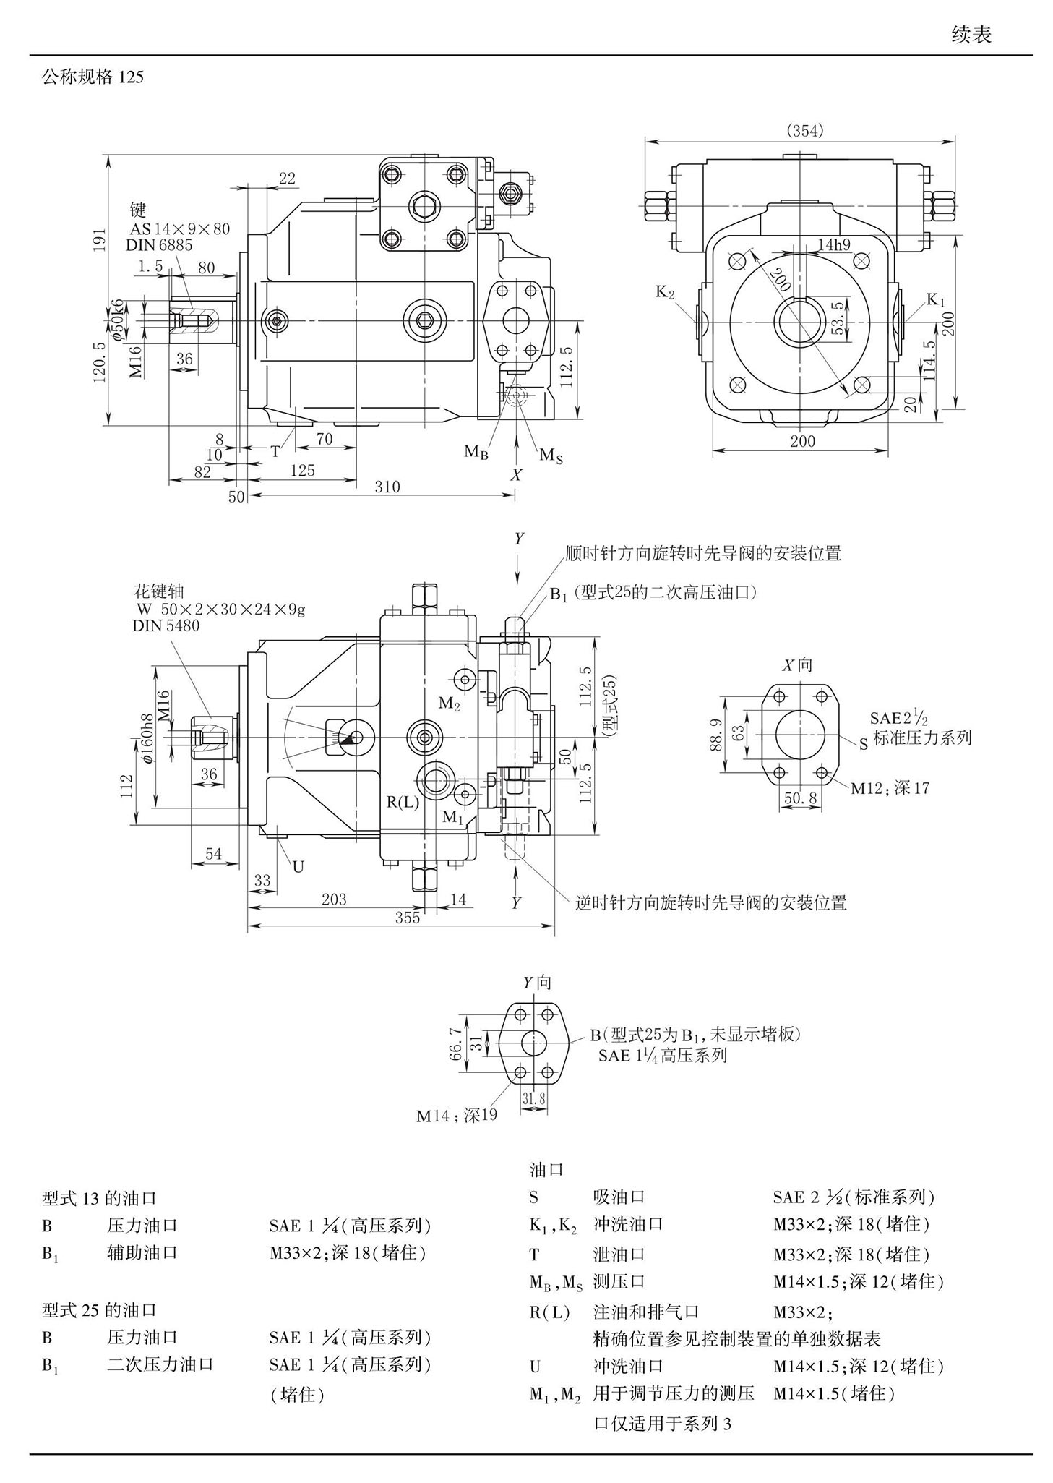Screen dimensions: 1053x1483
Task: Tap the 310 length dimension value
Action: [387, 487]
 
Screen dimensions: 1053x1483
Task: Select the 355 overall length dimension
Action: [408, 918]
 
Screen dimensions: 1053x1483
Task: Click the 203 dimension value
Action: [334, 899]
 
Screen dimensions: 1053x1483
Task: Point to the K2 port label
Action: [665, 292]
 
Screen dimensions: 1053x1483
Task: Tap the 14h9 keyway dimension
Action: [834, 244]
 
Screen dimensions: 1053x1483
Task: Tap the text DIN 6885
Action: [159, 245]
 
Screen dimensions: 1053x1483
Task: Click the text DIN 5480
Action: [166, 625]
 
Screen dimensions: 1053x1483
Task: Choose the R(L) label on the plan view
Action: [403, 801]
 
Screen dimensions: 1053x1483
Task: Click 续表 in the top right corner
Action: [971, 35]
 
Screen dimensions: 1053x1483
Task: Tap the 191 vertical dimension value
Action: [100, 240]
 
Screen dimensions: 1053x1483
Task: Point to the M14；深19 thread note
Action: [457, 1116]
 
